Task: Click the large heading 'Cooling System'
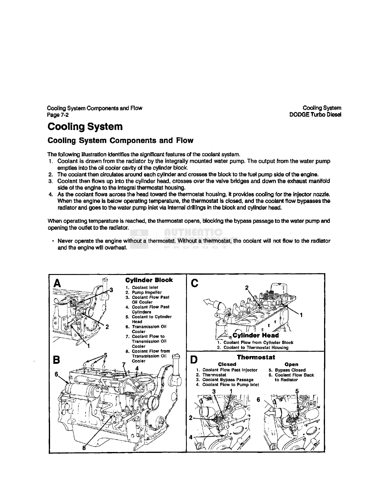coord(85,127)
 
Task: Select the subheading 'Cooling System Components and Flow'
coord(120,141)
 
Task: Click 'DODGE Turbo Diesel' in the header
coord(315,115)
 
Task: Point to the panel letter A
coord(57,283)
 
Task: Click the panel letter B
coord(56,360)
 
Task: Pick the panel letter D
coord(195,360)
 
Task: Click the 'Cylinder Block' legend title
coord(149,280)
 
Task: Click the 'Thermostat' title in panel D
coord(256,357)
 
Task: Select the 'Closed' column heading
coord(227,364)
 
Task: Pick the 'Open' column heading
coord(291,364)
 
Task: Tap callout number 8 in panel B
coord(84,447)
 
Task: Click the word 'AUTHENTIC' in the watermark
coord(193,233)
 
